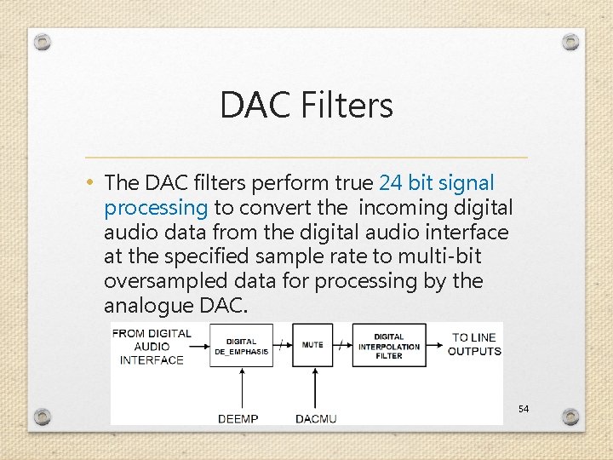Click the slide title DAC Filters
pyautogui.click(x=306, y=106)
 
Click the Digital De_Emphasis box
pyautogui.click(x=242, y=345)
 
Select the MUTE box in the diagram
pyautogui.click(x=312, y=345)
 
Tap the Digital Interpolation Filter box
pyautogui.click(x=389, y=345)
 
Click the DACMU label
pyautogui.click(x=317, y=417)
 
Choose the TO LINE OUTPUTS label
pyautogui.click(x=475, y=344)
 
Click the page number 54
pyautogui.click(x=523, y=410)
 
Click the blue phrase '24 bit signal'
pyautogui.click(x=436, y=183)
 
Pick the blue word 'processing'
pyautogui.click(x=156, y=208)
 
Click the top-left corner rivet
pyautogui.click(x=43, y=42)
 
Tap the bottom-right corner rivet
pyautogui.click(x=570, y=417)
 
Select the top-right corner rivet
pyautogui.click(x=570, y=42)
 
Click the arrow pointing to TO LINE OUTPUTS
pyautogui.click(x=436, y=345)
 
